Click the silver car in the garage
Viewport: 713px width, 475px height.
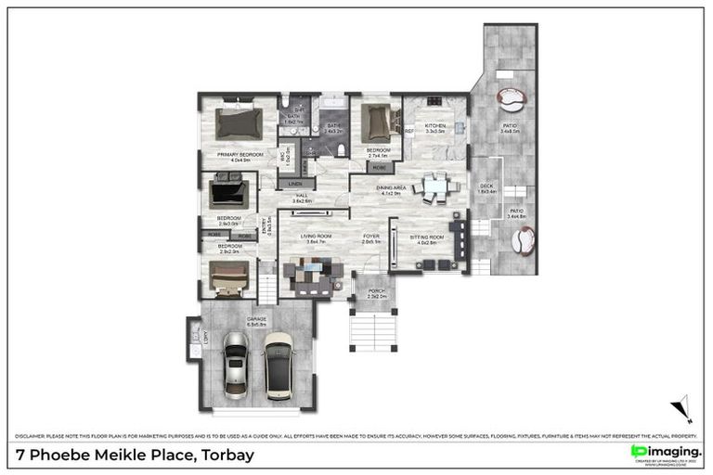click(x=236, y=365)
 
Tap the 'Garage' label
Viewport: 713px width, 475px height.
click(x=256, y=321)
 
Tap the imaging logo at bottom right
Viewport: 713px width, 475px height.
click(x=665, y=452)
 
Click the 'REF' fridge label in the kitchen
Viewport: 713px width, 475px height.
click(x=408, y=131)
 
